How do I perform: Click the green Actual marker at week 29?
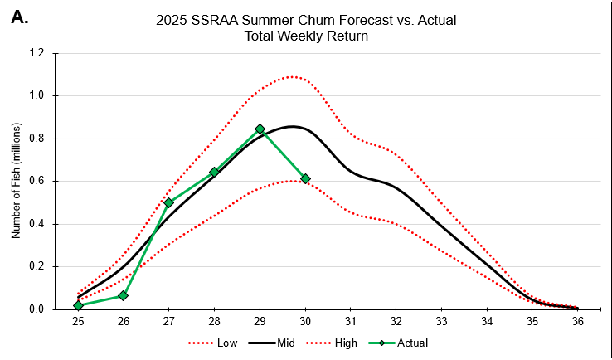click(x=260, y=129)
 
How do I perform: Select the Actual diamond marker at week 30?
click(x=305, y=178)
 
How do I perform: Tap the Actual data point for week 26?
click(x=123, y=295)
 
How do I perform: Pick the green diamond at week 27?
click(x=168, y=202)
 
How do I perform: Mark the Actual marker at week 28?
click(x=214, y=172)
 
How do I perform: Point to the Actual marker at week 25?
click(x=78, y=305)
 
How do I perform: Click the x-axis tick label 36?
click(x=578, y=321)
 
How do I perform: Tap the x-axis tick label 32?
click(x=396, y=321)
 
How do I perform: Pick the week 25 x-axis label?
click(x=78, y=321)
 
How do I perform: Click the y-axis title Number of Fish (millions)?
click(x=16, y=181)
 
